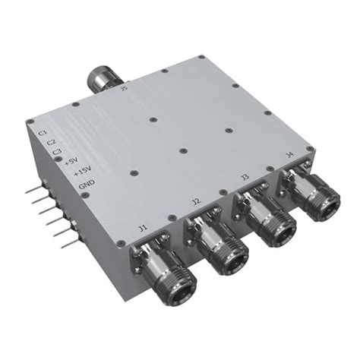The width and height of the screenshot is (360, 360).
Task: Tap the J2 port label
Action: click(x=196, y=201)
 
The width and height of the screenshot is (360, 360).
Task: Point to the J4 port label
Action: click(x=289, y=156)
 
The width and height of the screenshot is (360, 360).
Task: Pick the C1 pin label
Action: click(x=43, y=132)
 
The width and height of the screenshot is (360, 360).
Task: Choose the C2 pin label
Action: click(x=51, y=141)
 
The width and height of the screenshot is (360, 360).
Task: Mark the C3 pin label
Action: click(x=58, y=151)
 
